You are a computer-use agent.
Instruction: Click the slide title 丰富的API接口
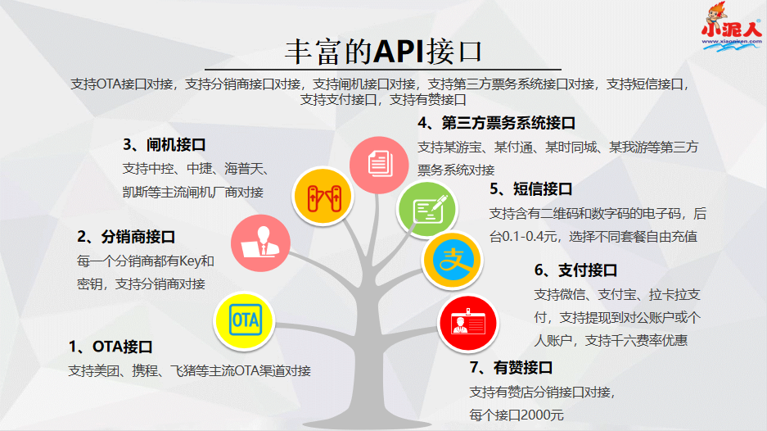pos(383,50)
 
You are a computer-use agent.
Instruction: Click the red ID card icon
pos(468,322)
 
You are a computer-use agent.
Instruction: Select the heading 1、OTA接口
pos(111,347)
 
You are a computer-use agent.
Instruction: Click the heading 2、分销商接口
pos(126,238)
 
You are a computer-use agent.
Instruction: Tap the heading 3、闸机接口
pos(164,145)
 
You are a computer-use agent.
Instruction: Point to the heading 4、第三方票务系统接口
pos(496,124)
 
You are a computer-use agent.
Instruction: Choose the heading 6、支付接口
pos(575,270)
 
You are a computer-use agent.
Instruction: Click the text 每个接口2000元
pos(517,415)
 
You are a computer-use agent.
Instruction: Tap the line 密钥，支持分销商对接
pos(141,284)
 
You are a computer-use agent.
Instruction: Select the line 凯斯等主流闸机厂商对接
pos(192,192)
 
